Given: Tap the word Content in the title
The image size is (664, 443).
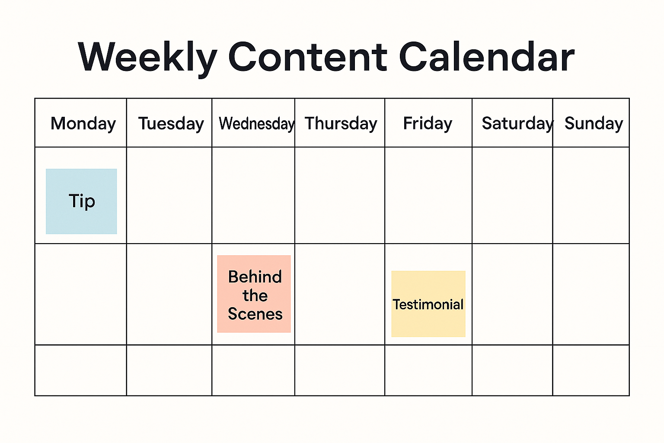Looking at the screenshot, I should pyautogui.click(x=307, y=57).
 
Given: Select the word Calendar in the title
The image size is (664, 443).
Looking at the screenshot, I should pyautogui.click(x=486, y=57).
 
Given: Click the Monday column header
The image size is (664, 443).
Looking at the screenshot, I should pyautogui.click(x=83, y=124).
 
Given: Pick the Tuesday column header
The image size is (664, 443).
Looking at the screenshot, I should pyautogui.click(x=171, y=124).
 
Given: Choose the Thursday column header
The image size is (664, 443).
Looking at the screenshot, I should pyautogui.click(x=341, y=124).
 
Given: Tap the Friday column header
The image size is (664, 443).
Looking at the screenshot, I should pyautogui.click(x=428, y=124).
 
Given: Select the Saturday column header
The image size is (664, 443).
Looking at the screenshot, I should pyautogui.click(x=517, y=124).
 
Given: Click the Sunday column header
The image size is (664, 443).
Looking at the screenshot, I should pyautogui.click(x=594, y=124).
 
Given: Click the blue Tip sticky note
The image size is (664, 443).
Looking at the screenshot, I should pyautogui.click(x=81, y=202).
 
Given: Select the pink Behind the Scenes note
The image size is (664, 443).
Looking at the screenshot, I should pyautogui.click(x=254, y=294).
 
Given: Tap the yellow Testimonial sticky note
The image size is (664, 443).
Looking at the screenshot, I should pyautogui.click(x=428, y=304).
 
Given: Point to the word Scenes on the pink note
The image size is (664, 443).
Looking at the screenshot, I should pyautogui.click(x=255, y=314).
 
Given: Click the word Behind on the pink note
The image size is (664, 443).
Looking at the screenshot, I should pyautogui.click(x=255, y=277).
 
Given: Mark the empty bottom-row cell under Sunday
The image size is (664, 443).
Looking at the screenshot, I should pyautogui.click(x=591, y=370).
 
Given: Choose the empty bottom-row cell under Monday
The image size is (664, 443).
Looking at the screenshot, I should pyautogui.click(x=81, y=370).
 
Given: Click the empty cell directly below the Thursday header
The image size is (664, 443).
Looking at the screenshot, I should pyautogui.click(x=340, y=196).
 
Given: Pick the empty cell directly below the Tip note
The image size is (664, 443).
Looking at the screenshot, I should pyautogui.click(x=81, y=294).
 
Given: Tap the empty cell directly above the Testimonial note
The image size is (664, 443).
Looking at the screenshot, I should pyautogui.click(x=428, y=196).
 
